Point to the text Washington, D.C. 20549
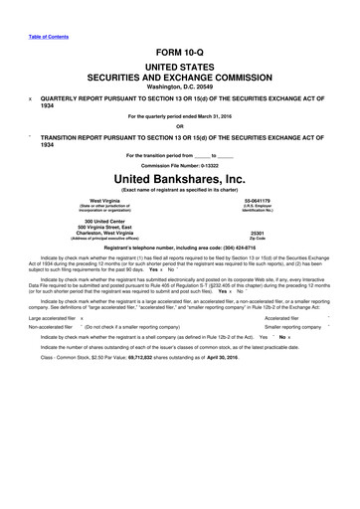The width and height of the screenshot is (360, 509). point(180,87)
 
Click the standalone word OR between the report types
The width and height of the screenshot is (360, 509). point(180,126)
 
